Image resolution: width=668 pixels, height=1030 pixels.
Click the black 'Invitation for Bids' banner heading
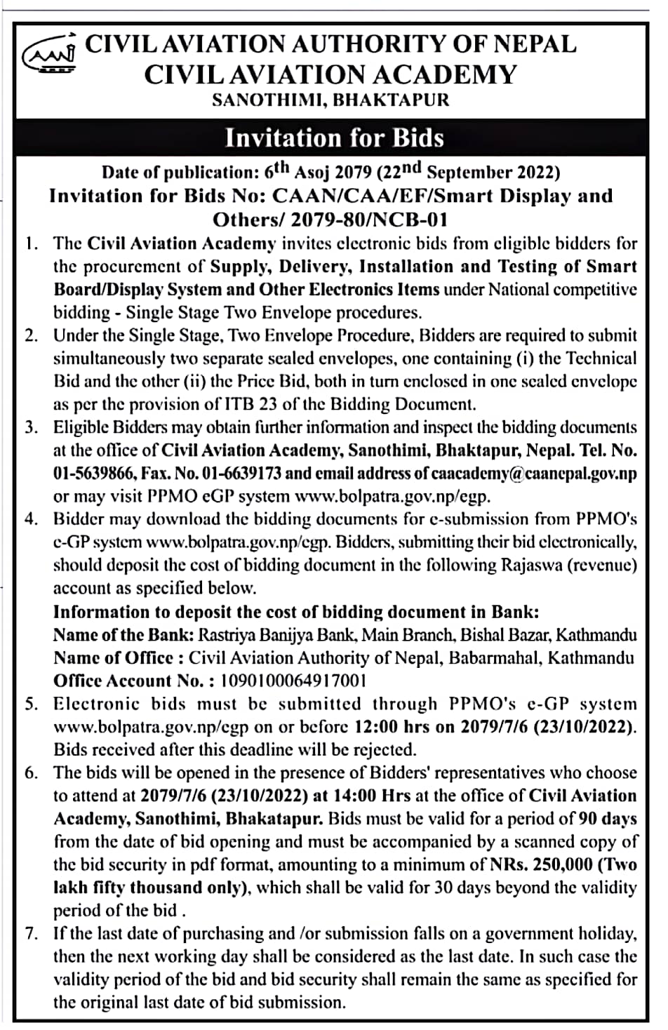point(334,138)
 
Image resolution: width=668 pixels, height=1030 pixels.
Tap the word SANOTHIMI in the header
point(268,100)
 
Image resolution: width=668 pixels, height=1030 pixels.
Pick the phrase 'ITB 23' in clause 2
point(271,404)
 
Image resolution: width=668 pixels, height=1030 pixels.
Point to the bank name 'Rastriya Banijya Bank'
point(279,635)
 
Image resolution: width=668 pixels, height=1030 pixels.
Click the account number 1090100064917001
point(293,681)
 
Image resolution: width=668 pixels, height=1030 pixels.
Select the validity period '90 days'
point(608,819)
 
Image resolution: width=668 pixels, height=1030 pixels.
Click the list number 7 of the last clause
point(30,934)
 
